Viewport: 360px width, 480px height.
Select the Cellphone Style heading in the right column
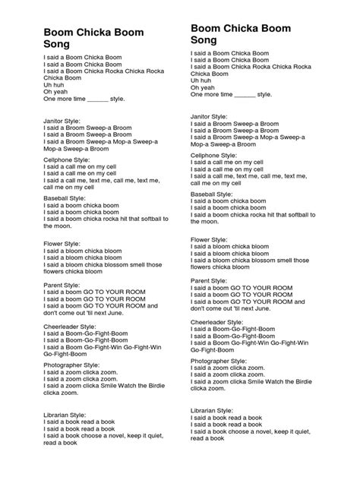point(217,154)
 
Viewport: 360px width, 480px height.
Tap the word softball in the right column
point(305,215)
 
